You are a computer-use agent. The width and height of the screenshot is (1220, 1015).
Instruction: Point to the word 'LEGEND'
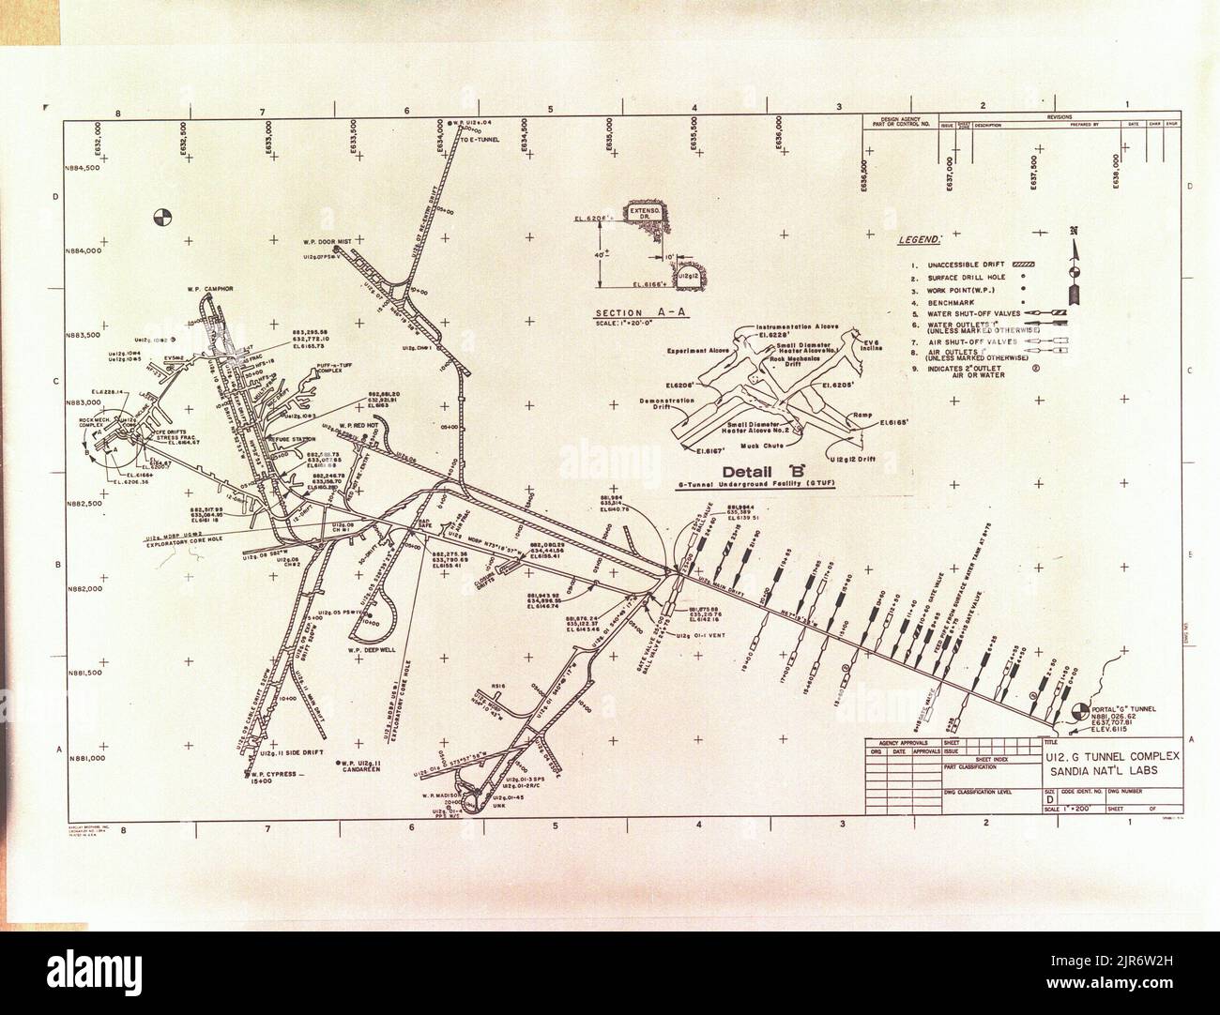[x=921, y=242]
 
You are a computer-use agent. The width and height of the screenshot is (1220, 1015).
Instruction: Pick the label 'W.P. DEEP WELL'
[x=375, y=650]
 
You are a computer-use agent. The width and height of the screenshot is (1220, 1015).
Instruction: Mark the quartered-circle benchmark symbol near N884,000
[x=162, y=219]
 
